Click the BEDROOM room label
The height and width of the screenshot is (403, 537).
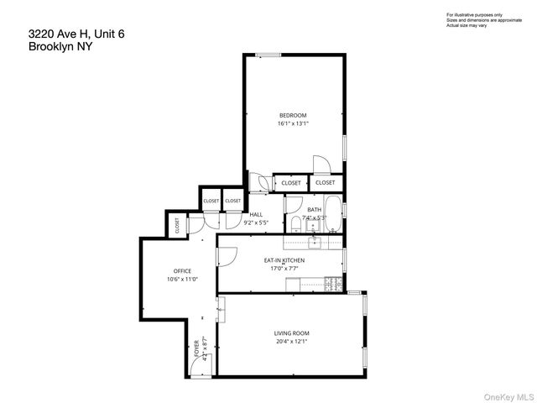point(293,115)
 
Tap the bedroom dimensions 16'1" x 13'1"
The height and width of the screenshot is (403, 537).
point(293,124)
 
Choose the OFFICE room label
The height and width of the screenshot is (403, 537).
point(182,270)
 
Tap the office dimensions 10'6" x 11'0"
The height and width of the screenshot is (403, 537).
point(182,280)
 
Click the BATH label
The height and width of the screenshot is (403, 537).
point(315,209)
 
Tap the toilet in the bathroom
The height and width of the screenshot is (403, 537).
point(295,223)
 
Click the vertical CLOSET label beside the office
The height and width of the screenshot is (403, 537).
point(177,225)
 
